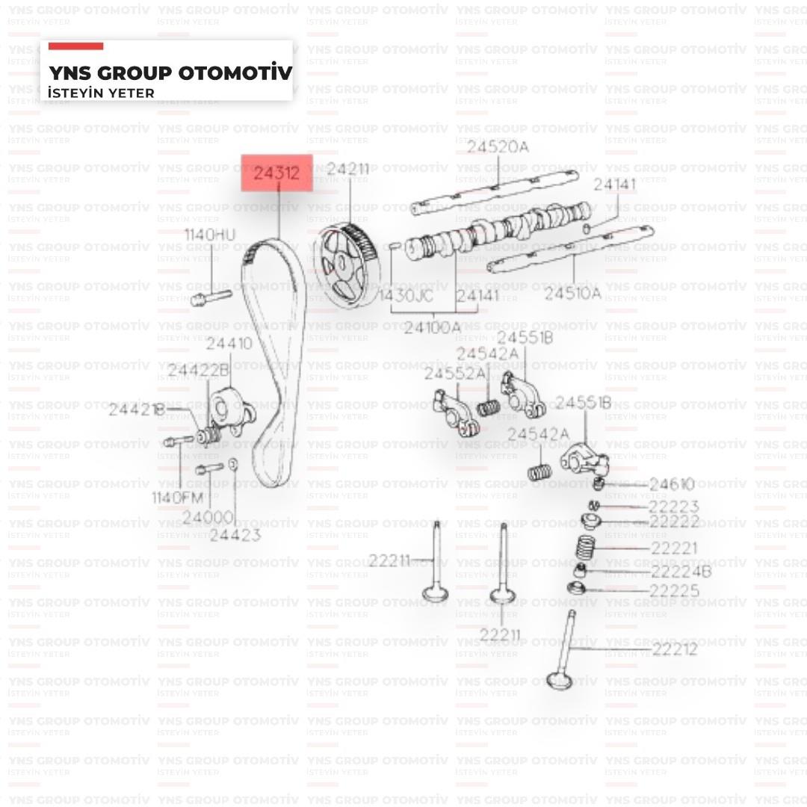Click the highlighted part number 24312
click(276, 174)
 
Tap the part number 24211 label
click(349, 170)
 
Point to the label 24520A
click(498, 146)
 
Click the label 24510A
click(572, 294)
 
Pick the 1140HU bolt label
click(210, 235)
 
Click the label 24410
click(229, 344)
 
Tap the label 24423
click(235, 535)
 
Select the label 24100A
click(432, 327)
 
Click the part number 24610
click(672, 484)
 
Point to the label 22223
click(674, 507)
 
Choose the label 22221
click(674, 548)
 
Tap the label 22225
click(675, 592)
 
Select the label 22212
click(675, 649)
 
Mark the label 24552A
click(454, 374)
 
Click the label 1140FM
click(178, 498)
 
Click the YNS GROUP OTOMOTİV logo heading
click(170, 73)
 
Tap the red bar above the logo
click(75, 46)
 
